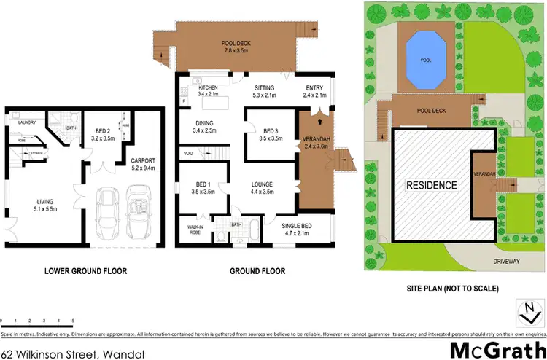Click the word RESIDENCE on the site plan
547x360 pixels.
pyautogui.click(x=432, y=185)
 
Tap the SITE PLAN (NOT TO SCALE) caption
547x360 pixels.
pyautogui.click(x=452, y=289)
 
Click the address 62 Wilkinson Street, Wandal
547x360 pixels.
pyautogui.click(x=71, y=353)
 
